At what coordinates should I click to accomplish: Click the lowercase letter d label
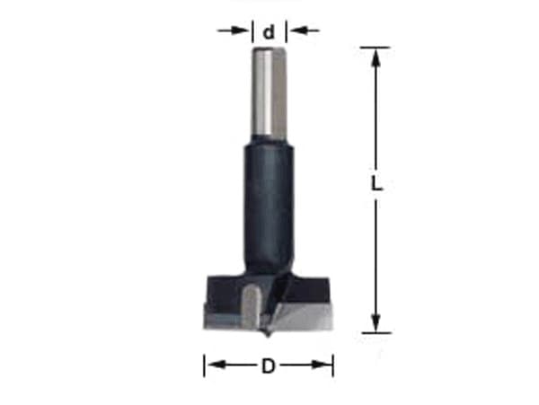269,32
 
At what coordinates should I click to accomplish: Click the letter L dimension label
376,183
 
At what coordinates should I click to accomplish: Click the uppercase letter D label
269,365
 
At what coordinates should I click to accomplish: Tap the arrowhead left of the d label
240,31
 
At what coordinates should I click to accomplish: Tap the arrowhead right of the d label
298,31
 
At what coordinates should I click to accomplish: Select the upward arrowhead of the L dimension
376,57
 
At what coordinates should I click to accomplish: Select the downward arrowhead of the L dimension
376,323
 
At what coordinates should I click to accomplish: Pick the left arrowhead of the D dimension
216,365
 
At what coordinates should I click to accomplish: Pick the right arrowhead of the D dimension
322,365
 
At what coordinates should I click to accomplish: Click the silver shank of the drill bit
269,92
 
